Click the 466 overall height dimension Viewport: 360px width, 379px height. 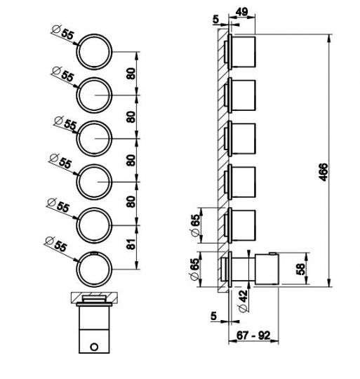tap(324, 172)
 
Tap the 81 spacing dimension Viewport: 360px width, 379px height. tap(131, 244)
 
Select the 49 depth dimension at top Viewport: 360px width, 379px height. tap(241, 12)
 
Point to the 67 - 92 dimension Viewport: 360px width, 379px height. tap(253, 335)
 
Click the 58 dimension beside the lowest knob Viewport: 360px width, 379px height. tap(300, 269)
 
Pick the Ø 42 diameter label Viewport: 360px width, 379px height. tap(243, 301)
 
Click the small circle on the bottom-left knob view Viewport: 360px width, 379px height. tap(94, 347)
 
